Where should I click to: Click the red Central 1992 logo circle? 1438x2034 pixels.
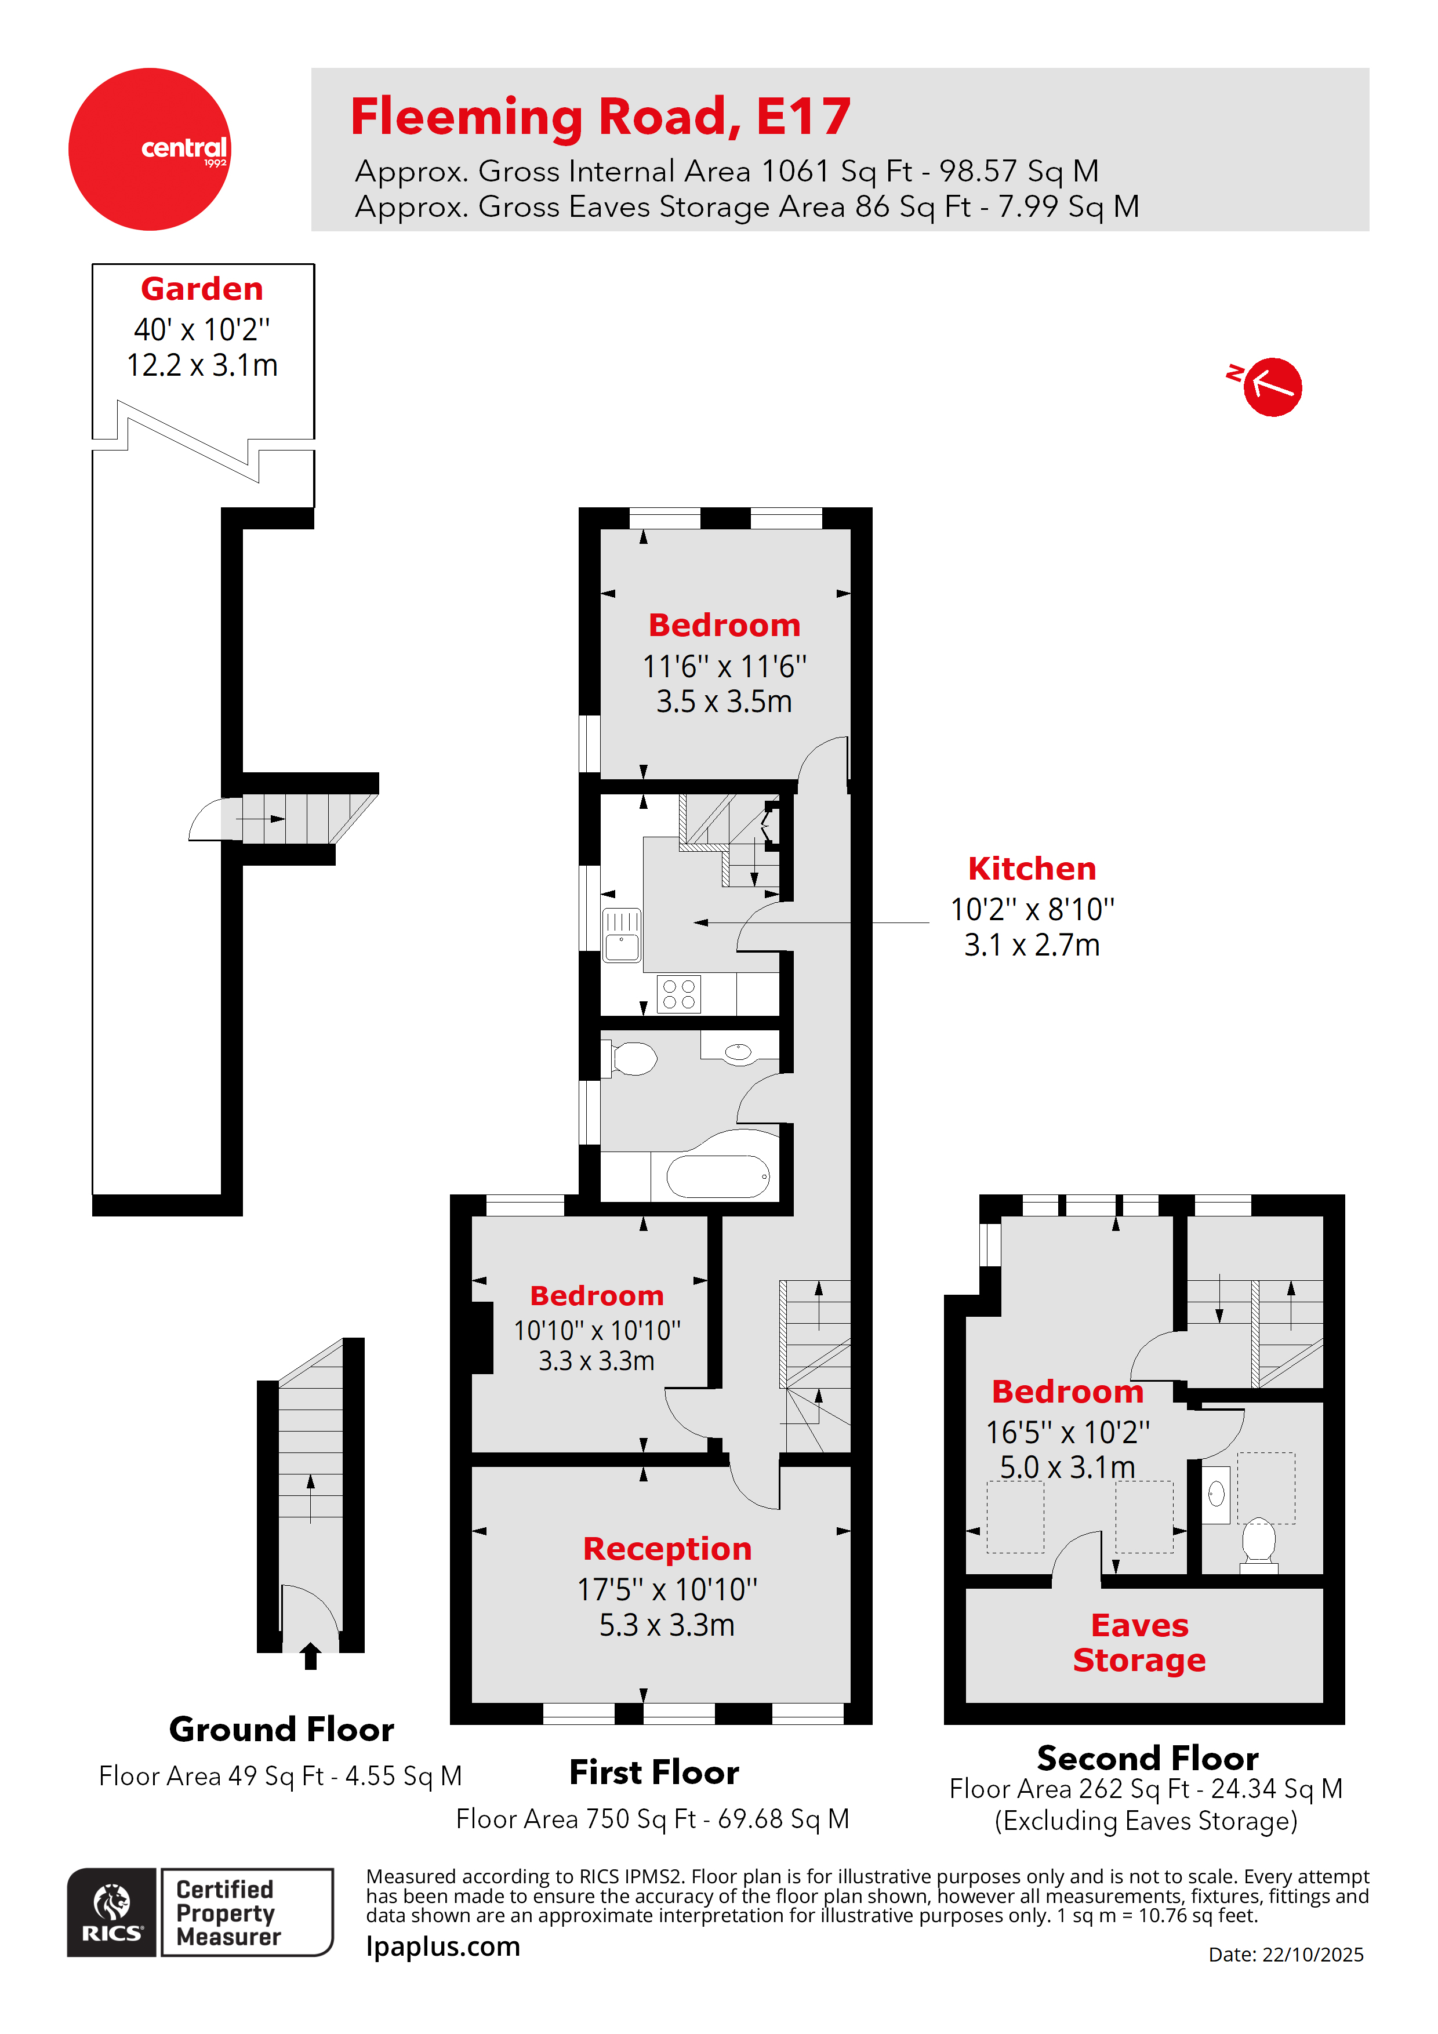coord(149,149)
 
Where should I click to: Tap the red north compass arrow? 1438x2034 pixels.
coord(1272,386)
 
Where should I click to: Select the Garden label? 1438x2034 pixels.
coord(202,289)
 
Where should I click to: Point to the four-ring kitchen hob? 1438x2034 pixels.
coord(678,994)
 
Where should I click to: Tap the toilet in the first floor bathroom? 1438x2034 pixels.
coord(633,1058)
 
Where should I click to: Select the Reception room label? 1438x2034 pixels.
coord(667,1549)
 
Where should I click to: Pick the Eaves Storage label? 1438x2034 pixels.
coord(1139,1643)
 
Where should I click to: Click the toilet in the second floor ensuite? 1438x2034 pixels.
coord(1258,1542)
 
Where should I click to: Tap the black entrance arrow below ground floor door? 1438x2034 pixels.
coord(310,1656)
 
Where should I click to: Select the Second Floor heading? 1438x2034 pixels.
coord(1148,1757)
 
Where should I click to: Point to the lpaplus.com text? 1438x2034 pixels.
coord(443,1946)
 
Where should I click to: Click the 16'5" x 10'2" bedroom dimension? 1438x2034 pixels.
coord(1067,1432)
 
